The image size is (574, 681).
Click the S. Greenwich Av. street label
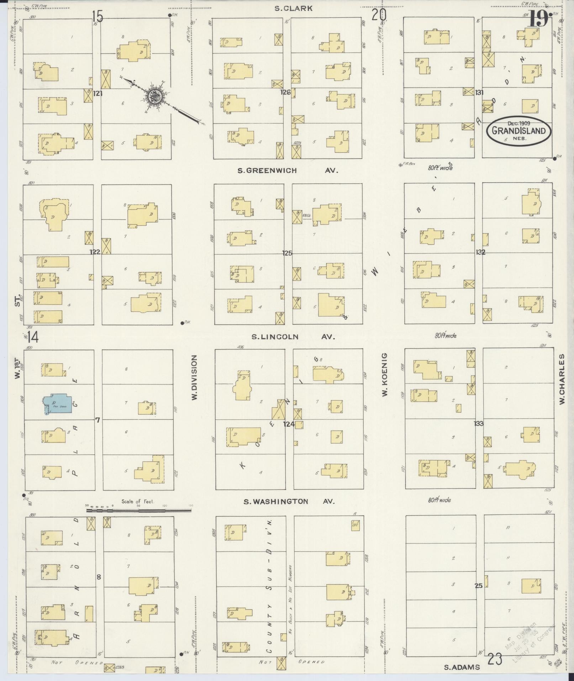point(287,171)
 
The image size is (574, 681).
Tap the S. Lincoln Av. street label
point(293,336)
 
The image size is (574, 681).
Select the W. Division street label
point(194,377)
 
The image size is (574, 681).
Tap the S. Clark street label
point(294,8)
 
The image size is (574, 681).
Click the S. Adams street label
point(462,667)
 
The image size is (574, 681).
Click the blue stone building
point(58,403)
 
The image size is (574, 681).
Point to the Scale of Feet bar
point(139,510)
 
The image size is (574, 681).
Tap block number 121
point(98,93)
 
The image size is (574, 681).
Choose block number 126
point(285,93)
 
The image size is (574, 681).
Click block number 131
point(479,93)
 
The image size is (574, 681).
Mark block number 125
point(287,253)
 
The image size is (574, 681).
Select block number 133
point(479,423)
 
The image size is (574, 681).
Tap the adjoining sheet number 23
point(495,659)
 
